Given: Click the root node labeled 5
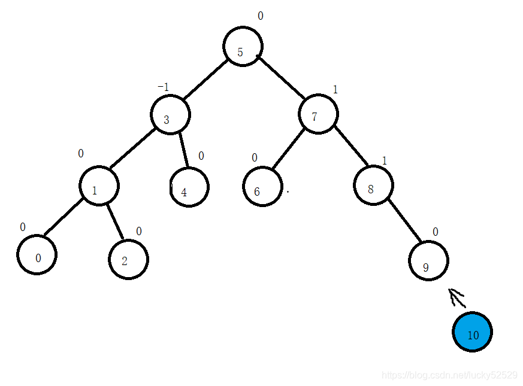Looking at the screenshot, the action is pos(243,47).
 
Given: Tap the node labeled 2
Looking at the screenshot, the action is pos(128,259).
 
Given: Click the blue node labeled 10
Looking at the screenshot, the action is pos(472,332).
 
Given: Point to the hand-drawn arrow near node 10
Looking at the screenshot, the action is pos(457,297).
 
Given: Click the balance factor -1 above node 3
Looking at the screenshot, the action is pos(163,87).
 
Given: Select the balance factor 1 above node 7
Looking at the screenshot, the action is pos(335,90).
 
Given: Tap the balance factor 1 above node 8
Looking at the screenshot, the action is pos(385,160).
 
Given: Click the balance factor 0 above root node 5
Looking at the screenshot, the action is pos(261,16).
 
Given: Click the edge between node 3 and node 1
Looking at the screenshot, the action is pos(132,149).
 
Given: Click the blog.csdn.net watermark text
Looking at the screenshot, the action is pos(449,375).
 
